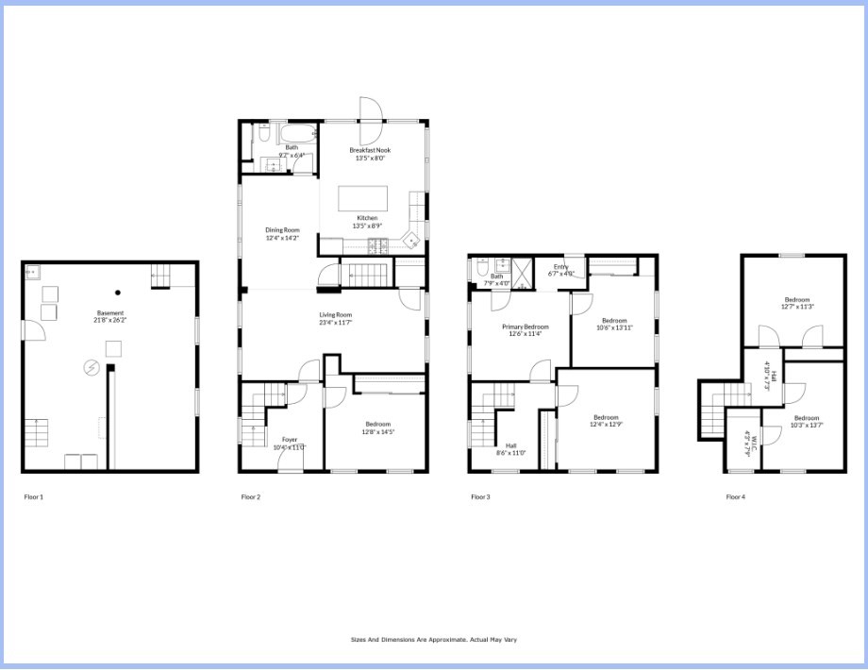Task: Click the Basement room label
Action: tap(110, 313)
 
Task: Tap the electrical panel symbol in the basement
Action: tap(92, 368)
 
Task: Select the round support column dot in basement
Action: tap(118, 292)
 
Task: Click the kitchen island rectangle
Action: tap(363, 197)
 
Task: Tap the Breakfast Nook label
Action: tap(370, 150)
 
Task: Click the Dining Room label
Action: tap(282, 230)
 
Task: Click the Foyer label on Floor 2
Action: tap(290, 440)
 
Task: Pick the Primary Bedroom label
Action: tap(525, 327)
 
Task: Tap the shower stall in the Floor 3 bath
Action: tap(522, 270)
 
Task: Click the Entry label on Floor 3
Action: tap(561, 267)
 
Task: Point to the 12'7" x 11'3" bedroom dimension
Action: tap(796, 307)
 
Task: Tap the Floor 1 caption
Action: tap(34, 496)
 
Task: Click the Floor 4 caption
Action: tap(735, 496)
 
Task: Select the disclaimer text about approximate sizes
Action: tap(434, 639)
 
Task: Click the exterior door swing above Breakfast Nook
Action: tap(370, 109)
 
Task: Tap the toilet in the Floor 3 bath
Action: tap(480, 267)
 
